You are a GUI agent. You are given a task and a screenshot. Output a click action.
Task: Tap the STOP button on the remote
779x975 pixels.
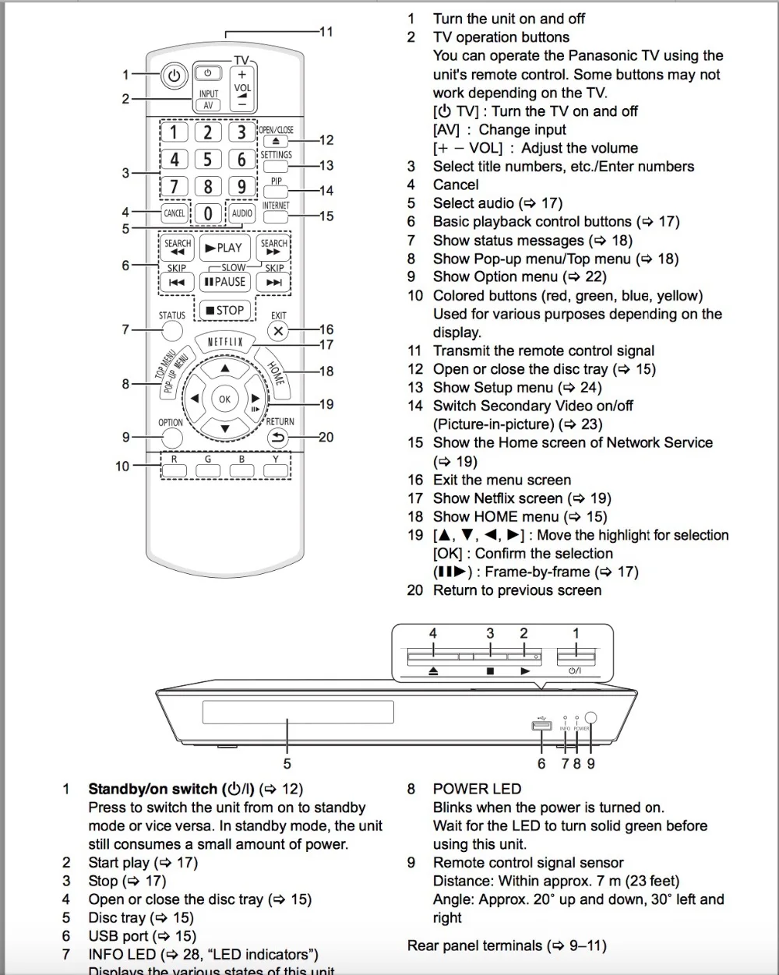point(224,310)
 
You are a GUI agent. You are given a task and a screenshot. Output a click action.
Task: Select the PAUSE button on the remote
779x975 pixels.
point(224,282)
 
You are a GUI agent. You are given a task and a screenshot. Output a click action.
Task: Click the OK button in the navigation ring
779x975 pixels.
point(224,399)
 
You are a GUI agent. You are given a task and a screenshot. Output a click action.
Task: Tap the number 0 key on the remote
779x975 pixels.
point(208,213)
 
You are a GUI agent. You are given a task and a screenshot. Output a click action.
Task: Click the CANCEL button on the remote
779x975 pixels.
point(174,213)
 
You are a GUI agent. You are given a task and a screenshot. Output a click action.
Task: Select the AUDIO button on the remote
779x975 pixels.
point(242,213)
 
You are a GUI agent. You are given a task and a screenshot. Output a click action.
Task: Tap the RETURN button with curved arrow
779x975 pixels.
point(278,438)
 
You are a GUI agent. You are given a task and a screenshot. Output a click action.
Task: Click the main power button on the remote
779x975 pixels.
point(174,76)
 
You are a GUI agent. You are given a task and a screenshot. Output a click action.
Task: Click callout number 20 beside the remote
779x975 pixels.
point(326,437)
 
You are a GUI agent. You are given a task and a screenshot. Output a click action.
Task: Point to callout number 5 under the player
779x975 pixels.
point(287,763)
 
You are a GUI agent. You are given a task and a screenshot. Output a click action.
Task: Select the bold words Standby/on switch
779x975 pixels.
point(153,789)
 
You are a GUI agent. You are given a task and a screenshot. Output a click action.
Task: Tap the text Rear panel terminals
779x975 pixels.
point(474,945)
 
